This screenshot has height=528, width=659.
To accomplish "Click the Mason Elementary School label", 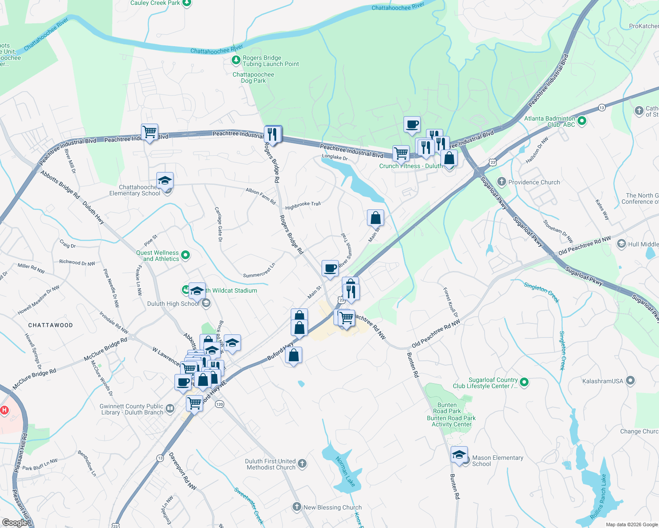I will click(x=498, y=461).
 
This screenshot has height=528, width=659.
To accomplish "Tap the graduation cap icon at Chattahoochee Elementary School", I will click(x=165, y=181).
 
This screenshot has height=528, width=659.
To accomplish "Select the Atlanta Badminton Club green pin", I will click(x=581, y=120).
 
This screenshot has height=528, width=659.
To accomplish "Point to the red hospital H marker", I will click(x=4, y=410).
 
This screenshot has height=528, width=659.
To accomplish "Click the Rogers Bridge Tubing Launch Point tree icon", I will click(x=236, y=59).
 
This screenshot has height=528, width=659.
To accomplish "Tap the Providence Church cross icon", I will click(x=501, y=182).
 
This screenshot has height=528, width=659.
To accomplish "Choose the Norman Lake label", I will click(x=345, y=471).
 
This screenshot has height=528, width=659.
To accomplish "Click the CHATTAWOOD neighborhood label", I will click(x=51, y=325).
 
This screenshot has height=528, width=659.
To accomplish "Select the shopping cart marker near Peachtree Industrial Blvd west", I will click(x=150, y=132).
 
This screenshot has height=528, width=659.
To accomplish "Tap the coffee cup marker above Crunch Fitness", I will click(x=412, y=125).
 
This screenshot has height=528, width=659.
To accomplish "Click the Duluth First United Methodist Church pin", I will click(x=302, y=463).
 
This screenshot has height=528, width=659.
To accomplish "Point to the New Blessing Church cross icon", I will click(x=297, y=507).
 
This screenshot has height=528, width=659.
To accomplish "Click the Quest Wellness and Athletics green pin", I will click(x=185, y=255).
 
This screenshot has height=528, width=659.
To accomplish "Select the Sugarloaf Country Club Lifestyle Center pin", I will click(x=524, y=382).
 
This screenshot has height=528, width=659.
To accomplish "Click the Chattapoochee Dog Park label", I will click(x=253, y=77).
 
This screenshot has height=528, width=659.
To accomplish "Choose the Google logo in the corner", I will click(x=15, y=522).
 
